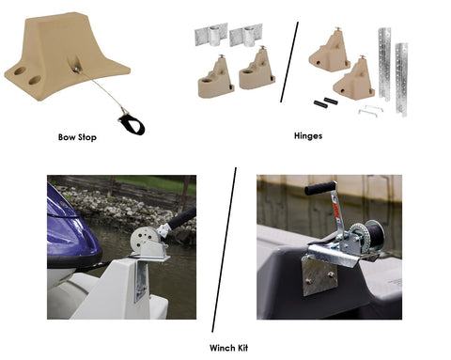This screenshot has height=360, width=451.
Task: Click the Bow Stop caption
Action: (77, 137)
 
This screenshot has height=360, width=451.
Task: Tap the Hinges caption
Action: (308, 136)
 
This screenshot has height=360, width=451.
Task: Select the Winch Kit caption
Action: (228, 348)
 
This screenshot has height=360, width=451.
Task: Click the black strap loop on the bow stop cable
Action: (132, 124)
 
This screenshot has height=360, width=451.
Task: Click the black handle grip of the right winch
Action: (319, 188)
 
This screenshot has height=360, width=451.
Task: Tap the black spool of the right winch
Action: (374, 235)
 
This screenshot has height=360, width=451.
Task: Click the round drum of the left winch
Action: (144, 239)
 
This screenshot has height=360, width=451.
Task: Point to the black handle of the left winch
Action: (182, 217)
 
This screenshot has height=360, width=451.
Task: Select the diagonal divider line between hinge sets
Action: (289, 62)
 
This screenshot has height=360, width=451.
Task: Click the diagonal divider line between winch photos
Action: (224, 250)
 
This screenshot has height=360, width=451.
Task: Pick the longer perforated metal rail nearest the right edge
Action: (401, 80)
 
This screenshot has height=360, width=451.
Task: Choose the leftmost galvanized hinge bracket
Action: (211, 35)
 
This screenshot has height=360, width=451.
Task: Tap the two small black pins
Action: (326, 102)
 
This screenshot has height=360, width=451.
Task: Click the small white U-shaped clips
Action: (370, 110)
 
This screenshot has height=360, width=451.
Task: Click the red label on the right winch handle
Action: (335, 208)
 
